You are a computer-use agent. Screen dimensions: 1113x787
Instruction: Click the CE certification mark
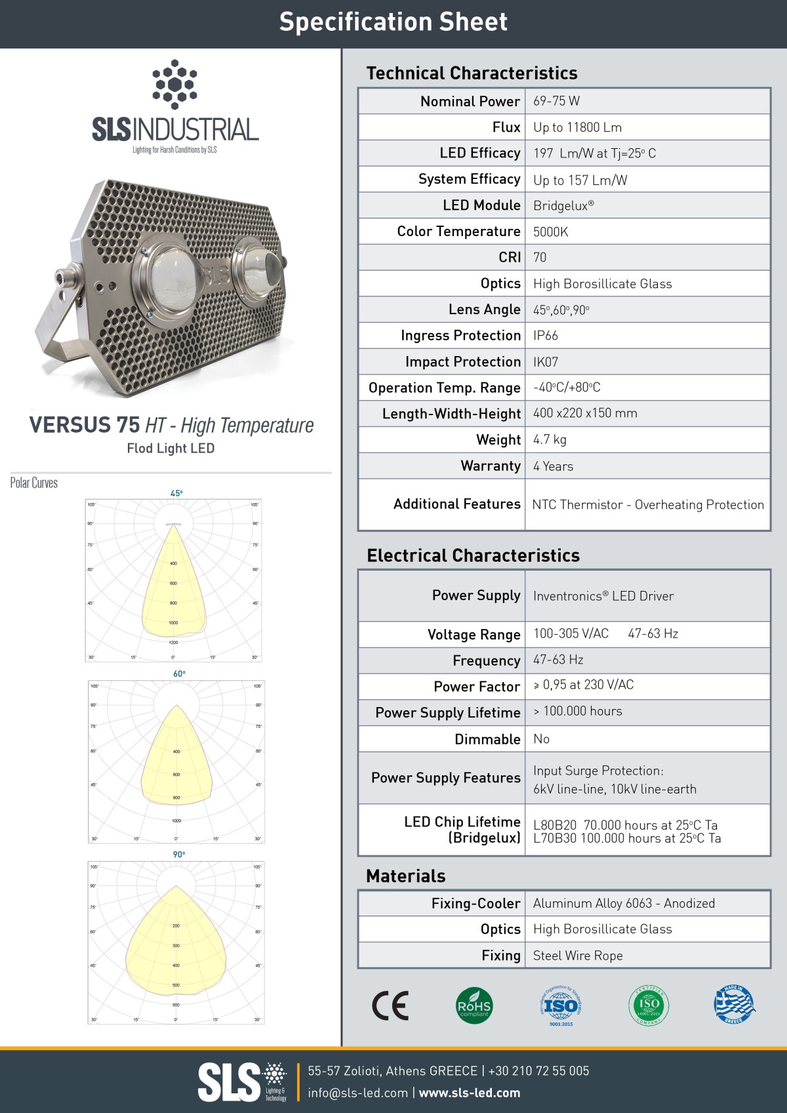pyautogui.click(x=390, y=1005)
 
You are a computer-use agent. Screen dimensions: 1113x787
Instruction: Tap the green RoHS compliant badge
pyautogui.click(x=474, y=1005)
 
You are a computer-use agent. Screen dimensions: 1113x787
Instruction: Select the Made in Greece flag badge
pyautogui.click(x=734, y=1004)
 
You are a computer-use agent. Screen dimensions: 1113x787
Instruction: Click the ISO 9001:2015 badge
pyautogui.click(x=560, y=1005)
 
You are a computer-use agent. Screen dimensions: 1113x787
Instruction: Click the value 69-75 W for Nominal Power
pyautogui.click(x=556, y=101)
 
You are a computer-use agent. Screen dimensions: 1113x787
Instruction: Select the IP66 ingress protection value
pyautogui.click(x=546, y=335)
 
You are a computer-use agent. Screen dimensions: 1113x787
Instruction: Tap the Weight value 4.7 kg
pyautogui.click(x=550, y=439)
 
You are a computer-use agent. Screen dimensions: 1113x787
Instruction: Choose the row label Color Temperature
pyautogui.click(x=458, y=232)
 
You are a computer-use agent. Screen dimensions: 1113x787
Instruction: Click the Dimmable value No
pyautogui.click(x=541, y=739)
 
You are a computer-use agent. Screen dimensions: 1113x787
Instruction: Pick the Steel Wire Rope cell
pyautogui.click(x=578, y=956)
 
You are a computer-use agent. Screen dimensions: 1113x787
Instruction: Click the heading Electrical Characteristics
pyautogui.click(x=473, y=556)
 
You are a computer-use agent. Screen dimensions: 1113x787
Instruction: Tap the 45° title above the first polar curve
pyautogui.click(x=176, y=493)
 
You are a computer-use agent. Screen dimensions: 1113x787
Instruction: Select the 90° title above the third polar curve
pyautogui.click(x=179, y=855)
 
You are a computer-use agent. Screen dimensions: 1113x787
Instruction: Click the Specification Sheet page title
pyautogui.click(x=393, y=22)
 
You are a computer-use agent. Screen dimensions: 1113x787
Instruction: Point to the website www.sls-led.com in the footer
pyautogui.click(x=470, y=1093)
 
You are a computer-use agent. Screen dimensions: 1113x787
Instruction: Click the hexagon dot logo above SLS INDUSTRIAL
pyautogui.click(x=174, y=84)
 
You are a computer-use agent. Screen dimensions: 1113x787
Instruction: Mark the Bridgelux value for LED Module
pyautogui.click(x=563, y=205)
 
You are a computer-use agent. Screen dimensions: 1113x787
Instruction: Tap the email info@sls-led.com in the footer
pyautogui.click(x=357, y=1093)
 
